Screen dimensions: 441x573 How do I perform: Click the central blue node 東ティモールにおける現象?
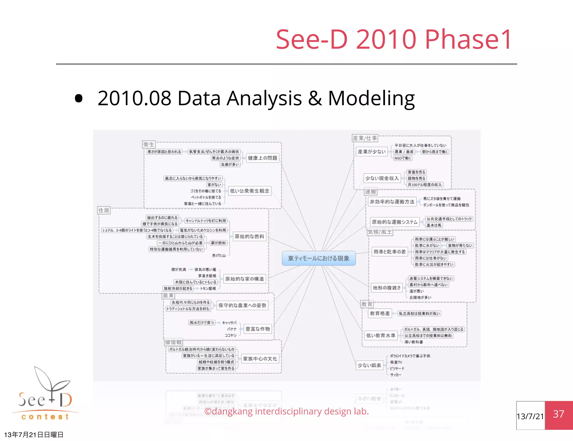[319, 258]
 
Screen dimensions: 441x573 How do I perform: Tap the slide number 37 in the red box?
[558, 414]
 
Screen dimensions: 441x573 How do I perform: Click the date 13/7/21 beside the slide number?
[530, 416]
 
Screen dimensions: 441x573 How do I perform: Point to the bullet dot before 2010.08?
[79, 98]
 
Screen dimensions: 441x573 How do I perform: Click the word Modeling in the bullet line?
[371, 98]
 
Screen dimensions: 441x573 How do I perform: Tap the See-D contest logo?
[45, 395]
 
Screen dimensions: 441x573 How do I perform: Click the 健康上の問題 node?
[262, 158]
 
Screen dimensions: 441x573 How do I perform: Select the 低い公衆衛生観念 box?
[250, 191]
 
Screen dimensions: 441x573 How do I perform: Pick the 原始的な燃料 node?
[249, 236]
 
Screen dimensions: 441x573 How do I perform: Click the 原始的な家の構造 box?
[245, 279]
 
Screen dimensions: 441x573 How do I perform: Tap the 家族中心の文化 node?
[260, 359]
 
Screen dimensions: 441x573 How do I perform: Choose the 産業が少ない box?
[372, 152]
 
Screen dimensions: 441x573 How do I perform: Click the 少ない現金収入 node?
[382, 178]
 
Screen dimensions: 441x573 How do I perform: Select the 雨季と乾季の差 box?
[389, 252]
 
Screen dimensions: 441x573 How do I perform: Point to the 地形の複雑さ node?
[387, 288]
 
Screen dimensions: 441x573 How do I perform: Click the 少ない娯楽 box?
[369, 365]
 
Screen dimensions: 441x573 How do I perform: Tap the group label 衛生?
[149, 144]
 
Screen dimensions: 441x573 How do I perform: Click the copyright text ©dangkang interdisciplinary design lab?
[286, 411]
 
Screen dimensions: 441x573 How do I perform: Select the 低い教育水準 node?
[381, 336]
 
